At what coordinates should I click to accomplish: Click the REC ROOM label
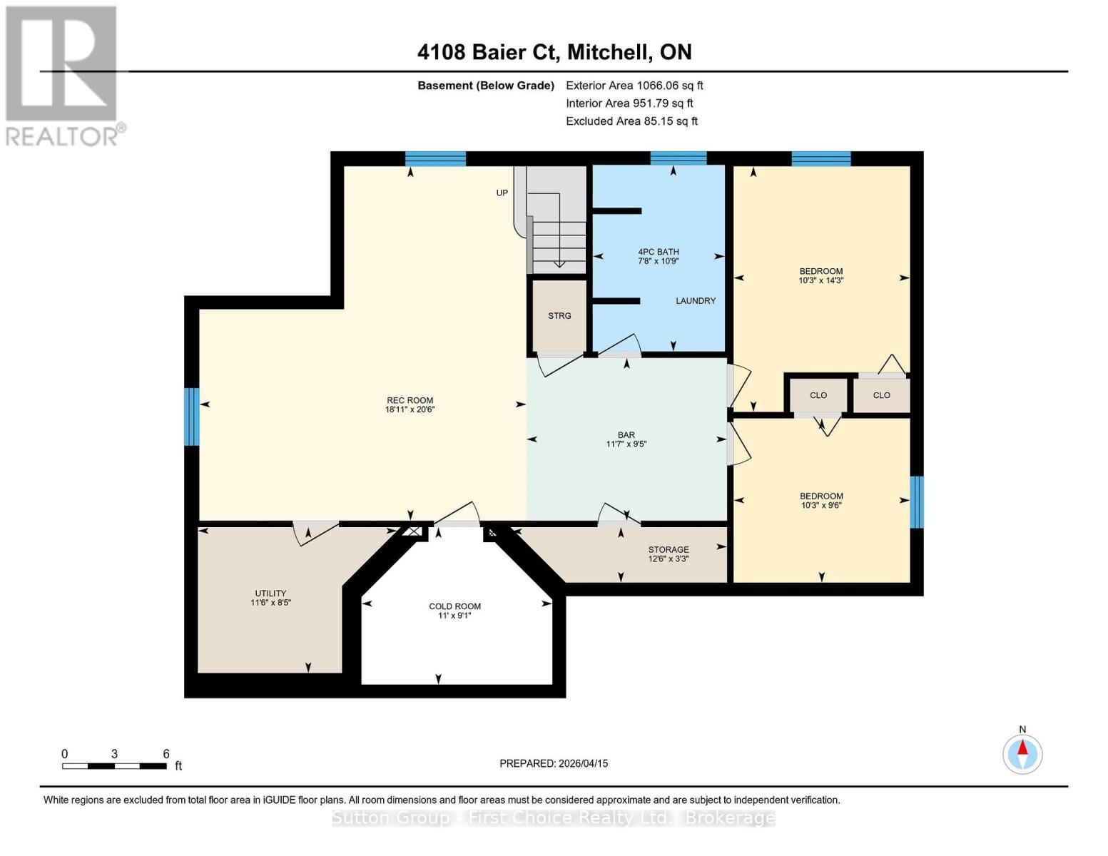[410, 401]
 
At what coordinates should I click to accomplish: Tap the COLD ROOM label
[454, 606]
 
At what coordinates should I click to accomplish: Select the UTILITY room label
[270, 593]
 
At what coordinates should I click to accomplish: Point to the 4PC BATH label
[658, 252]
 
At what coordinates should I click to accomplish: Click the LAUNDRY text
[695, 301]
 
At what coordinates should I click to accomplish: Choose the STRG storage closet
[559, 316]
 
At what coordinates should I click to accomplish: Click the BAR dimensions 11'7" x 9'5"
[626, 444]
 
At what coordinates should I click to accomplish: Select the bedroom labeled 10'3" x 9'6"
[820, 501]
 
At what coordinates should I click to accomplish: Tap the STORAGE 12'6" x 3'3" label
[668, 554]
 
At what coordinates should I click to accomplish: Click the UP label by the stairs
[502, 193]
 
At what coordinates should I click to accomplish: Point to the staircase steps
[559, 243]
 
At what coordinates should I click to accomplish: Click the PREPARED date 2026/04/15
[554, 763]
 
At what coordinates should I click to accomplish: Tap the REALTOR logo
[63, 75]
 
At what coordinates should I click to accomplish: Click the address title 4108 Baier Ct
[554, 52]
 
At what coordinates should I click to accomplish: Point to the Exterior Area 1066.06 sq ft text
[634, 86]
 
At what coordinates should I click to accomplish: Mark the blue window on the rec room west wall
[191, 417]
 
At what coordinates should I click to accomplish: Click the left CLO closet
[818, 395]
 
